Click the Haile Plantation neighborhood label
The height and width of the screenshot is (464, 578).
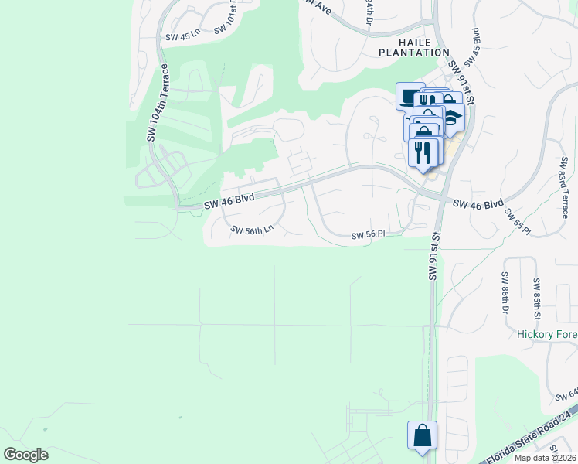coord(413,46)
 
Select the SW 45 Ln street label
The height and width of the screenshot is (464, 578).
coord(182,36)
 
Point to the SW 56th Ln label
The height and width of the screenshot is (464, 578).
coord(253,230)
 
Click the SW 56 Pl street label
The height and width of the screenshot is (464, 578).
coord(368,235)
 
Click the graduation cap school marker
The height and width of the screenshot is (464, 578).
coord(451,117)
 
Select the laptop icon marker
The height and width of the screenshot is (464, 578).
coord(410,96)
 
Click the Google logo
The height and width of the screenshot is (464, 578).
coord(25,455)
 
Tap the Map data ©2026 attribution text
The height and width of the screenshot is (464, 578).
coord(545,458)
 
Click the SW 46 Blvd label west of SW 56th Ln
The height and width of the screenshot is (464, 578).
coord(229,201)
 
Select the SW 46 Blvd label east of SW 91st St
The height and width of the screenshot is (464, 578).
coord(478,205)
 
